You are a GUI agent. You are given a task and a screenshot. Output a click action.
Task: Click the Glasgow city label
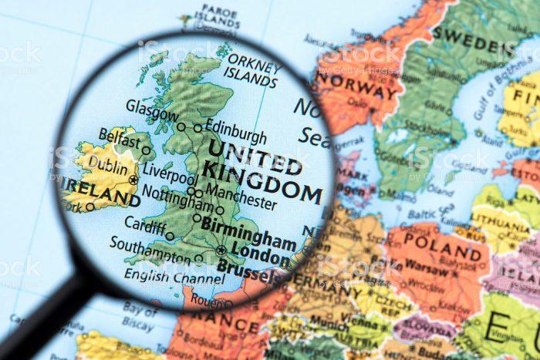(x=152, y=109)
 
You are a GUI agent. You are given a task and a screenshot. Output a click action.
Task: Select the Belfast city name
(x=120, y=137)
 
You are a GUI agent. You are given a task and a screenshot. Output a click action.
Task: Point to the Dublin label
(x=108, y=163)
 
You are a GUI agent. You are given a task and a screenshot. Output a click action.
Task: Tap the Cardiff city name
(x=144, y=225)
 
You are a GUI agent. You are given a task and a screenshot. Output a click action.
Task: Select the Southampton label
(x=149, y=248)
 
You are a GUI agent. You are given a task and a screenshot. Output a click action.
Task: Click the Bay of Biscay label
(x=137, y=316)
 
